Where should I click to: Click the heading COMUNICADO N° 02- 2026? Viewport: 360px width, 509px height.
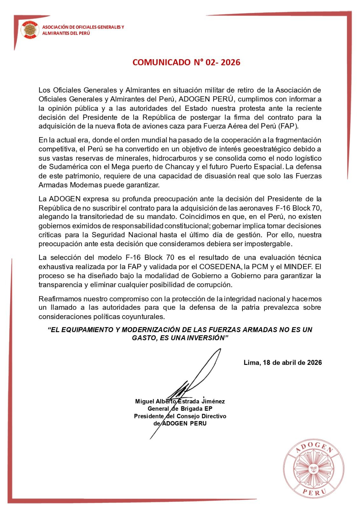pos(186,62)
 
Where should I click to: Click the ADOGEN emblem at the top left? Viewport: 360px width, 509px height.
pos(30,30)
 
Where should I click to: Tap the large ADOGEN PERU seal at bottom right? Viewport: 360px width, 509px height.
pos(314,470)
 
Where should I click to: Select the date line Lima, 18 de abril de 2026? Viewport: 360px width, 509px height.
pos(283,363)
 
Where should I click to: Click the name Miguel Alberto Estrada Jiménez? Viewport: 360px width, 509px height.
pos(180,401)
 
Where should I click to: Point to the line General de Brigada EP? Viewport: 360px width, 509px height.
pos(180,409)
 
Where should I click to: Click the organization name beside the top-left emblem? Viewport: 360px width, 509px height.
pos(83,30)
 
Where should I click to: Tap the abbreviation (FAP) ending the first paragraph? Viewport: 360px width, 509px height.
pos(288,126)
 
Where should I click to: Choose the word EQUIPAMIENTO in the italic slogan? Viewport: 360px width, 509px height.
pos(86,330)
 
